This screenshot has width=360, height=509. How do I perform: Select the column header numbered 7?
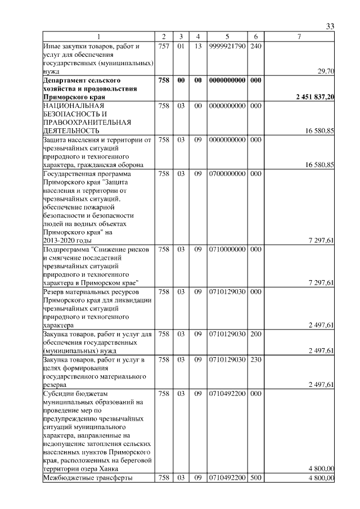click(299, 37)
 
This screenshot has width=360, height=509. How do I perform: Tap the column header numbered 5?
click(227, 37)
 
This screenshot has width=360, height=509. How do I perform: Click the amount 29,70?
click(326, 71)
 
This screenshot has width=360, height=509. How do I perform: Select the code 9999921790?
click(227, 46)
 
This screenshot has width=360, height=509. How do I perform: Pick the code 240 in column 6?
click(255, 46)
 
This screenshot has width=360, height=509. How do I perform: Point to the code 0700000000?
click(227, 174)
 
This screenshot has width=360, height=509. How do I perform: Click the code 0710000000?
click(227, 249)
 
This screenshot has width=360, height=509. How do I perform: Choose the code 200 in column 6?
click(255, 334)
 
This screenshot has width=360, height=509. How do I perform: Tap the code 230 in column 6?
click(255, 359)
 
